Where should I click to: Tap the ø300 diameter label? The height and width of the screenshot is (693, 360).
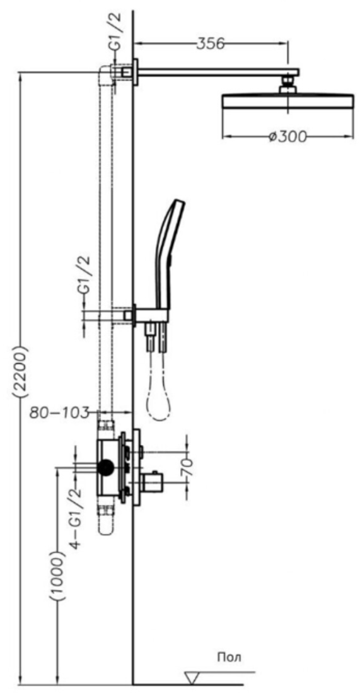tap(287, 137)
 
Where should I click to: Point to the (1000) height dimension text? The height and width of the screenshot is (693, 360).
tap(58, 575)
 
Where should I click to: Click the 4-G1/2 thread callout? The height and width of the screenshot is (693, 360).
tap(77, 518)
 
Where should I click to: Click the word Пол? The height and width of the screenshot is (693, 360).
tap(229, 657)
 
